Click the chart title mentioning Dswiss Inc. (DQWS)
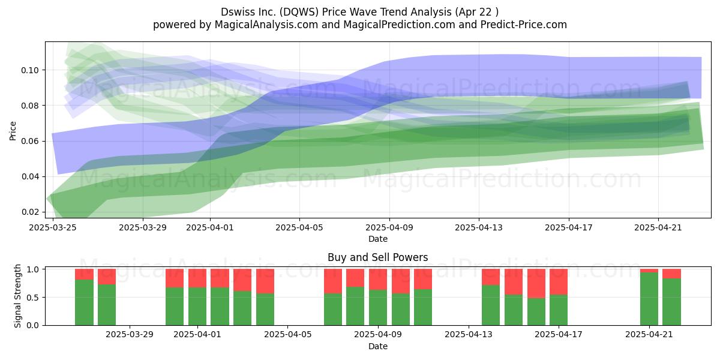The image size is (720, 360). coord(359,12)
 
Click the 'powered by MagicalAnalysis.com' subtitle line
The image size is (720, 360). coord(359,25)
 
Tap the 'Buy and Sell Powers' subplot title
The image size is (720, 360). coord(377,257)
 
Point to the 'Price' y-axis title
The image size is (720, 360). coord(13,131)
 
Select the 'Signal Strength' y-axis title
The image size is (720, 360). coord(17,296)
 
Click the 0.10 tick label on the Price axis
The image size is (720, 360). coord(30,70)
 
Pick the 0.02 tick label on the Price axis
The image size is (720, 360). coord(30,212)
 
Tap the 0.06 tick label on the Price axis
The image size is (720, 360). coord(30,141)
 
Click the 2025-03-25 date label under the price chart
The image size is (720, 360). coord(53,227)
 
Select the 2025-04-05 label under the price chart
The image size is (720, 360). coord(299,227)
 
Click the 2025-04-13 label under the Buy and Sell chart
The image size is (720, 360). coord(469,335)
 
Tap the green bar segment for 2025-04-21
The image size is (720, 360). coord(649,299)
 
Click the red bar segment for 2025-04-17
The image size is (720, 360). coord(559,282)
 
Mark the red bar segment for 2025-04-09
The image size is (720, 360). coord(377,280)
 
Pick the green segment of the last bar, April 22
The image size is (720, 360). coord(672,302)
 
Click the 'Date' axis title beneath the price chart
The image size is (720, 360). coord(377,239)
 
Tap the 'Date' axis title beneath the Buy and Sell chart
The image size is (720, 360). coord(377,347)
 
